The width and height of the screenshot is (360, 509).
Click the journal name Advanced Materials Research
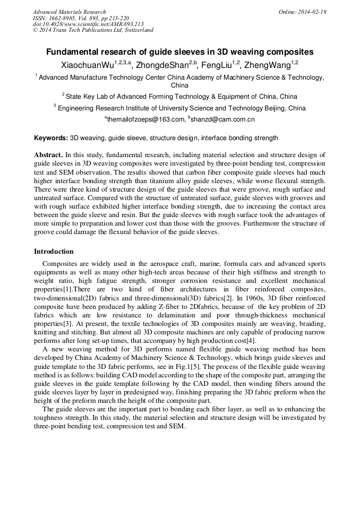click(69, 12)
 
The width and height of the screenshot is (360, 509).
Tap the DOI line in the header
click(88, 24)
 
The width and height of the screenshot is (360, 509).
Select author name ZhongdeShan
click(158, 65)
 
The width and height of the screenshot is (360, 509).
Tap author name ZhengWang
click(267, 65)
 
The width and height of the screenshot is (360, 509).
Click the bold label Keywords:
click(51, 138)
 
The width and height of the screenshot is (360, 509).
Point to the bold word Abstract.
click(48, 155)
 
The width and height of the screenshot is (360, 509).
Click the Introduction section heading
click(54, 251)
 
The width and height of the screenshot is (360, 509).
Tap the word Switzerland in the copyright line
click(136, 30)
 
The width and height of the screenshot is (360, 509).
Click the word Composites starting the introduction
click(58, 264)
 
